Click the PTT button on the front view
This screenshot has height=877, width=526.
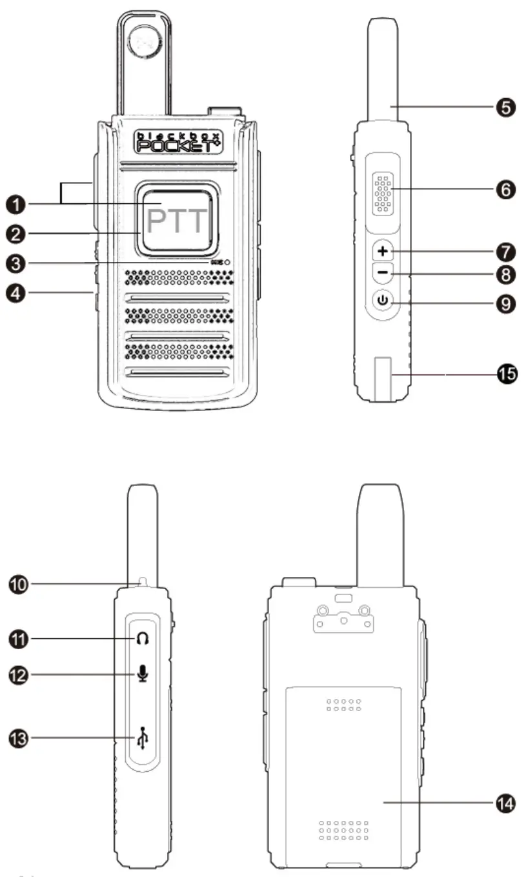[177, 221]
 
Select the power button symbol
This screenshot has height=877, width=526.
[383, 300]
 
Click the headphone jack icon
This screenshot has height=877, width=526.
[143, 639]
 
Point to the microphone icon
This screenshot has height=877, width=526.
[143, 674]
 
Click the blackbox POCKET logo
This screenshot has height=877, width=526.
[177, 141]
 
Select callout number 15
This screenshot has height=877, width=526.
[506, 374]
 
